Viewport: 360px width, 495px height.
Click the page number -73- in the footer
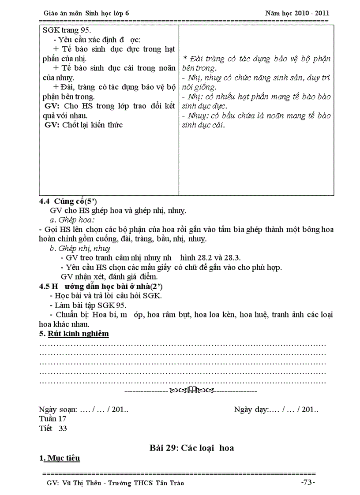click(x=308, y=482)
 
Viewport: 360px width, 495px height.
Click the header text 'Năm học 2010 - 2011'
click(x=297, y=13)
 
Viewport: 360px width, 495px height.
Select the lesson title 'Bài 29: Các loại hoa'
click(x=191, y=448)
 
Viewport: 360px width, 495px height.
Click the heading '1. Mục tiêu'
click(x=60, y=458)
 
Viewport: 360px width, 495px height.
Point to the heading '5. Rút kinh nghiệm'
click(x=74, y=334)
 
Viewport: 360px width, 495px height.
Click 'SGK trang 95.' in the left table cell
click(x=67, y=30)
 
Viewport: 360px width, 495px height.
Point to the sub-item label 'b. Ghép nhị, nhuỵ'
click(x=80, y=249)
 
